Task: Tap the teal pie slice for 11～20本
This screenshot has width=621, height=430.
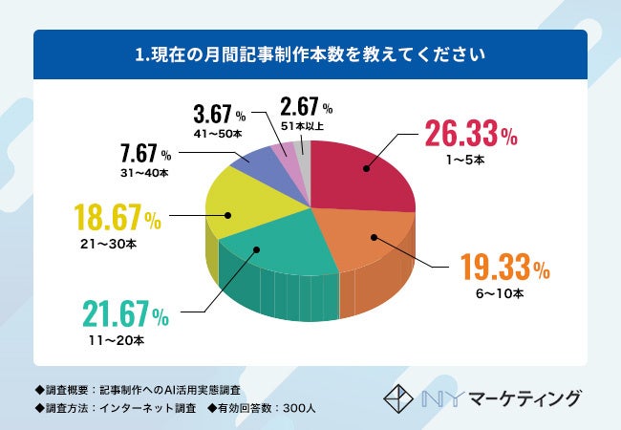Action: [x=272, y=258]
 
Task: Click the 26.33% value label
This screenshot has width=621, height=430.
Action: [x=470, y=134]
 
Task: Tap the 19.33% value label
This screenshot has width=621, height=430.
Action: [x=503, y=268]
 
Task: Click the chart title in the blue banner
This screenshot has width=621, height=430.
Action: [x=310, y=54]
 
